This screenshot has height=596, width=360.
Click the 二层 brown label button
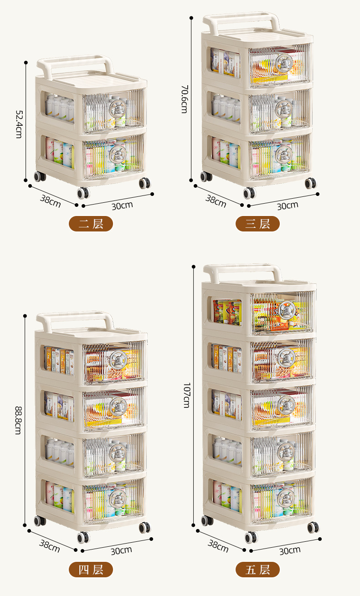[91, 224]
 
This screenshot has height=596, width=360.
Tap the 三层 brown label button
[257, 224]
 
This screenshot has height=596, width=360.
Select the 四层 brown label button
[91, 570]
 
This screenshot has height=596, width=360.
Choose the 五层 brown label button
[257, 570]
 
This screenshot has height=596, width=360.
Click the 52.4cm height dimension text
[18, 123]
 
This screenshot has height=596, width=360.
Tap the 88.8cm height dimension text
[18, 420]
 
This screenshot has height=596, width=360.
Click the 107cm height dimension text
[185, 395]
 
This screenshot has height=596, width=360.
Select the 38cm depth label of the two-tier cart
[50, 200]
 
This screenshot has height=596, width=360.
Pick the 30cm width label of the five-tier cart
[290, 550]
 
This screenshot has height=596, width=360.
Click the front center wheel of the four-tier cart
[83, 537]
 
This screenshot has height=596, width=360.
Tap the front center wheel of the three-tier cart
[249, 193]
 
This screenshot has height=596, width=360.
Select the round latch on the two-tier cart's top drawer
[117, 108]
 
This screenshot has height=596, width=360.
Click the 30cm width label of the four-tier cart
[121, 550]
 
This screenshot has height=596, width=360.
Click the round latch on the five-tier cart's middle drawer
[286, 404]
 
